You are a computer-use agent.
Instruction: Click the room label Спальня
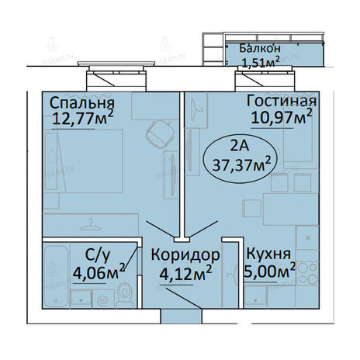[81, 103]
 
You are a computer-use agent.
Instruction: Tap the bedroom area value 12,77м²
[83, 118]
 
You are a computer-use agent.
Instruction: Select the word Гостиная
[282, 101]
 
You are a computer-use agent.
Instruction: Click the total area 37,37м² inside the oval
[241, 164]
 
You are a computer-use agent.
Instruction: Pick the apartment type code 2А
[240, 146]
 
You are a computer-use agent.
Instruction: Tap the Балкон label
[260, 48]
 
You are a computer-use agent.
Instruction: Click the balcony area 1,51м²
[261, 62]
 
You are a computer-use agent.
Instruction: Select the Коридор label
[185, 255]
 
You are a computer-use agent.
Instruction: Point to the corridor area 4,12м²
[185, 273]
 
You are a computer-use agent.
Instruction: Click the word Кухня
[268, 254]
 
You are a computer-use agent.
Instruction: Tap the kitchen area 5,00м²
[269, 271]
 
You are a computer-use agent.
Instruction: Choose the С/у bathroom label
[98, 255]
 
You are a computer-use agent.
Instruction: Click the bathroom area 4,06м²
[99, 272]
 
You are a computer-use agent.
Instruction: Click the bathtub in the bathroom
[56, 276]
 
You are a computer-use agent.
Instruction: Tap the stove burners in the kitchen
[307, 273]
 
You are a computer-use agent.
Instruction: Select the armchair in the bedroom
[159, 134]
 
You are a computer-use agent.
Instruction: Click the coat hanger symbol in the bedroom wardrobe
[90, 224]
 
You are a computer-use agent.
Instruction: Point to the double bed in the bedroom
[83, 161]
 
